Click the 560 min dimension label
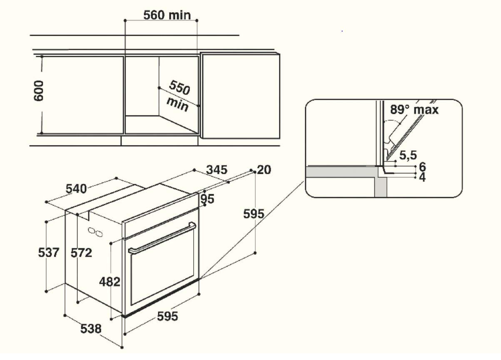click(x=167, y=15)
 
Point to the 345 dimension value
click(x=217, y=170)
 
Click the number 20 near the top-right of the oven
click(x=264, y=170)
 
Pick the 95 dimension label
click(x=207, y=199)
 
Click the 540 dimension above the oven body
click(x=76, y=189)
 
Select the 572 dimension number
click(x=81, y=252)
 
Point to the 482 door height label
click(x=110, y=282)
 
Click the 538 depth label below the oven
click(x=90, y=329)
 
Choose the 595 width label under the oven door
click(x=167, y=316)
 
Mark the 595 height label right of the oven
click(x=254, y=214)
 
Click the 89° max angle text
click(x=414, y=110)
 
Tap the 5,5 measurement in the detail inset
click(x=407, y=155)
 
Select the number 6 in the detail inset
click(x=422, y=167)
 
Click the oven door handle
click(x=162, y=239)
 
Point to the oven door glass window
click(x=162, y=271)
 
